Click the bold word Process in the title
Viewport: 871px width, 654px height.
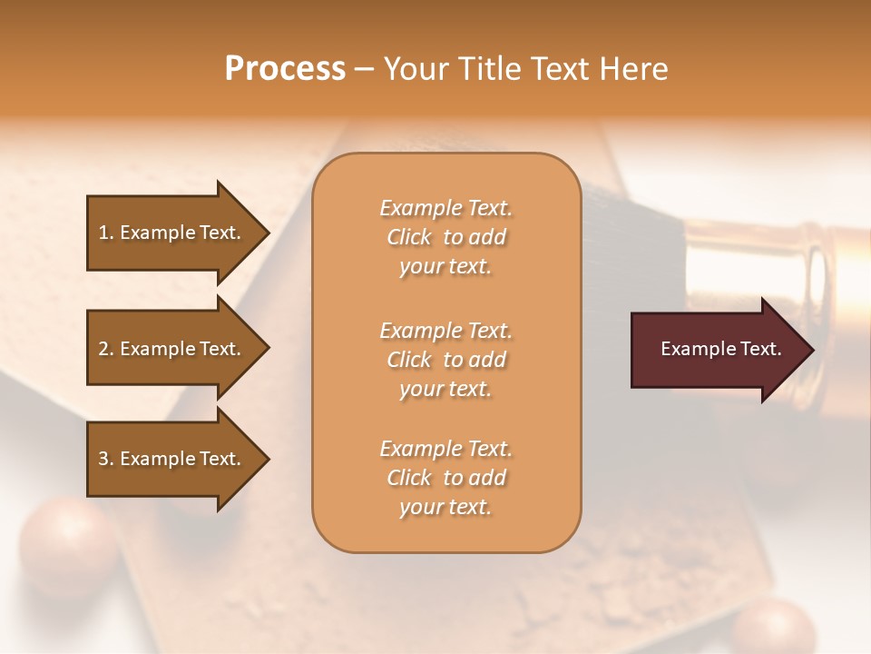285,69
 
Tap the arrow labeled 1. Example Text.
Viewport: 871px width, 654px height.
172,233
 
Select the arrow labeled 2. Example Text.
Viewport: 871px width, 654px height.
172,349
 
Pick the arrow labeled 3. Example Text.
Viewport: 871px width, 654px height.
172,459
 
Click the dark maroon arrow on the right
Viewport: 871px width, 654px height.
717,350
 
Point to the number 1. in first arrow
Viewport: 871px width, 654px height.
106,233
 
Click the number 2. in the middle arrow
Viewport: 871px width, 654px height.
106,349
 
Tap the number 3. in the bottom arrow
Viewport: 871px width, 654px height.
106,459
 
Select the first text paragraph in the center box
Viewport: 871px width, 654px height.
445,237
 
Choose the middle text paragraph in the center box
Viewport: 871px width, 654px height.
445,360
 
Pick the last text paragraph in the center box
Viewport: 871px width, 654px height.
445,478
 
